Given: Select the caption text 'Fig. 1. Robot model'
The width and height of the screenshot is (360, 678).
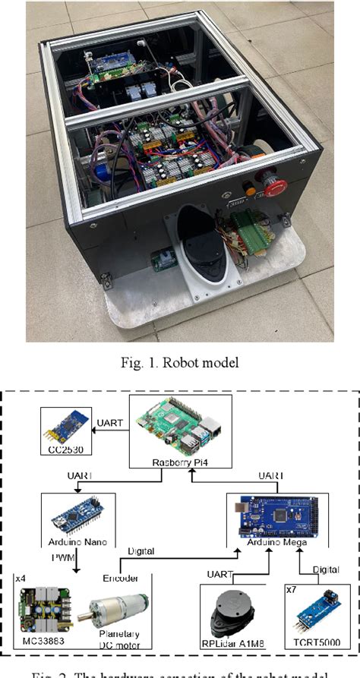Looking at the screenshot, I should [179, 362].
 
